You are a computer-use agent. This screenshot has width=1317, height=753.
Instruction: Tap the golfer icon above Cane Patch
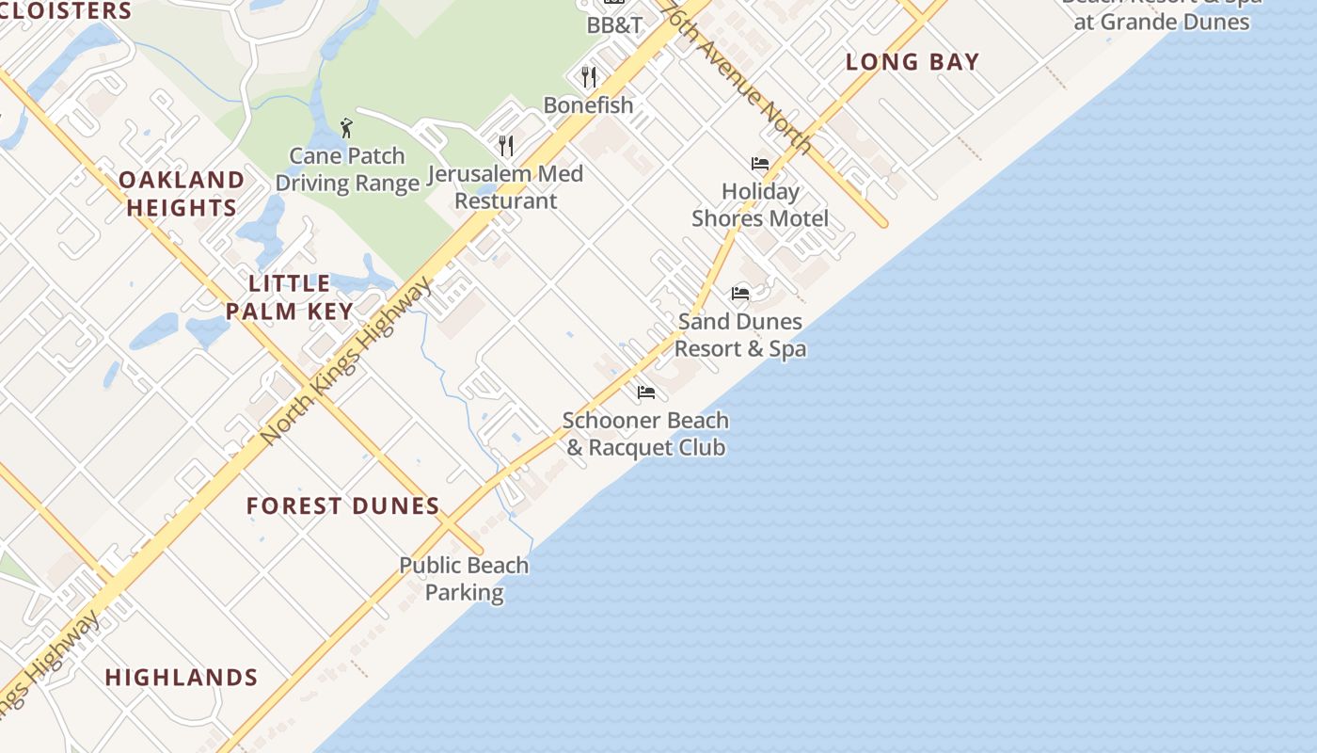coord(346,128)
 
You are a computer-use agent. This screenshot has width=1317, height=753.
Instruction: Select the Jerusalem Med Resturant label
coord(505,186)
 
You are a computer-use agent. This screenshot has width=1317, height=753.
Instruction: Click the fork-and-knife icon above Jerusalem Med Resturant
coord(506,145)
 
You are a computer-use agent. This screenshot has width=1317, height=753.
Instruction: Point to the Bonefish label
coord(588,104)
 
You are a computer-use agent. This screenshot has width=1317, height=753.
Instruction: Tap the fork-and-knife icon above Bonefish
coord(589,76)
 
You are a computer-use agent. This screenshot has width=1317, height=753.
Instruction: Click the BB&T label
coord(614,25)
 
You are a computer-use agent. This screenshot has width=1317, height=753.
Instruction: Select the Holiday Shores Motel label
coord(760,205)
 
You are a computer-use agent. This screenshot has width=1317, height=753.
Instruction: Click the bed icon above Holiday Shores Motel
coord(760,164)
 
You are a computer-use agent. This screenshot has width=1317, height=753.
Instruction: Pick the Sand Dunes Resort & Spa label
coord(740,335)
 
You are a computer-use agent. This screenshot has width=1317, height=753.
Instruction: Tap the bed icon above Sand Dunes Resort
coord(740,294)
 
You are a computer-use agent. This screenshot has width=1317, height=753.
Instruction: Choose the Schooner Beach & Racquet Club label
coord(645,434)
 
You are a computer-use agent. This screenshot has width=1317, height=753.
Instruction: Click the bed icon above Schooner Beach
coord(645,393)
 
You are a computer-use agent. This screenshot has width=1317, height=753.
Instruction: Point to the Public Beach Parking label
coord(464,579)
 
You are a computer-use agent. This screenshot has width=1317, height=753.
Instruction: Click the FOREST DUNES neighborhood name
coord(343,506)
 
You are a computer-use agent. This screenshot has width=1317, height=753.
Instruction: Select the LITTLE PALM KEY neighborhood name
coord(290,297)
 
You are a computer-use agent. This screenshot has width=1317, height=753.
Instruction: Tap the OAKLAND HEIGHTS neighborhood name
coord(182,194)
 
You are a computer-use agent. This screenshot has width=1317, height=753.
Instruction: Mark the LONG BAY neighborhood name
coord(912,62)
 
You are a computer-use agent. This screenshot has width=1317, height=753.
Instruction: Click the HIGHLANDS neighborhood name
coord(182,678)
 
